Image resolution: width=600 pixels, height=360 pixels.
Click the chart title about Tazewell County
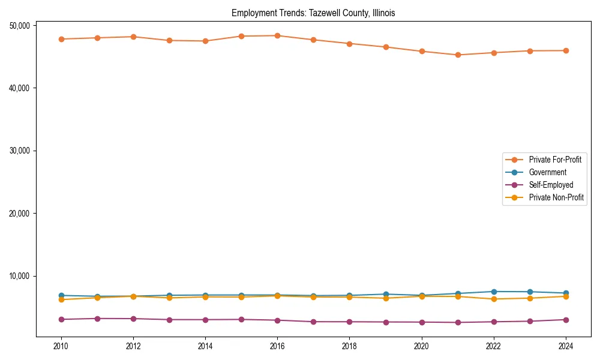tap(313, 13)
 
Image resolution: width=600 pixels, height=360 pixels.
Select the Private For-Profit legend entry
tap(555, 160)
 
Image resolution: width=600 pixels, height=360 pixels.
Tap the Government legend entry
tap(547, 172)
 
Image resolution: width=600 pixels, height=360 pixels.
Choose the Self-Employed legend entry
tap(551, 185)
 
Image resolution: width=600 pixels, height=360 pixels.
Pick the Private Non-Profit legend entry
tap(556, 197)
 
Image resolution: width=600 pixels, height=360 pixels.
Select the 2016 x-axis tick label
tap(277, 346)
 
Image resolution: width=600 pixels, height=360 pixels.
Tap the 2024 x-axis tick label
tap(566, 346)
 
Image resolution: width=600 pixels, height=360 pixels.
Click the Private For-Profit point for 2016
tap(277, 35)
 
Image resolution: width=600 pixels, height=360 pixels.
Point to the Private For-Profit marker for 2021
tap(458, 55)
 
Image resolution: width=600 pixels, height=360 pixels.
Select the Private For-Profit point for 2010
tap(61, 39)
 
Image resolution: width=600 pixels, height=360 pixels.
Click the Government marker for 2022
tap(494, 292)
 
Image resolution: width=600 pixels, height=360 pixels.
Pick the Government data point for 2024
tap(566, 293)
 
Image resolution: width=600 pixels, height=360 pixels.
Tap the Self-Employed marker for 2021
tap(458, 322)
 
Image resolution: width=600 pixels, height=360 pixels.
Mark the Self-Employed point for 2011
tap(97, 319)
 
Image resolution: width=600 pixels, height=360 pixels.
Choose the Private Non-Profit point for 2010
tap(61, 299)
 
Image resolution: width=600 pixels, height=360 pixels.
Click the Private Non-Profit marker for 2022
tap(494, 299)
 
